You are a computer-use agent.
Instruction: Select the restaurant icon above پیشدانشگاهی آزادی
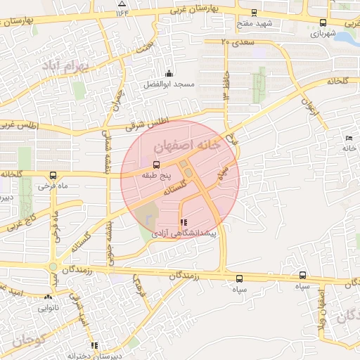click(184, 222)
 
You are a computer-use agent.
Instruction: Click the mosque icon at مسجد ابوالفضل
click(168, 74)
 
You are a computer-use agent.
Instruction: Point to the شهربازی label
click(323, 33)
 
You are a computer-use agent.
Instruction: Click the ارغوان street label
click(307, 108)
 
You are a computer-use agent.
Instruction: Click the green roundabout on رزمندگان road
click(53, 266)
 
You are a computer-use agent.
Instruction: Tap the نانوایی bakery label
click(49, 307)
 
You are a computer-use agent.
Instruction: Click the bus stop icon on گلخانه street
click(53, 175)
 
